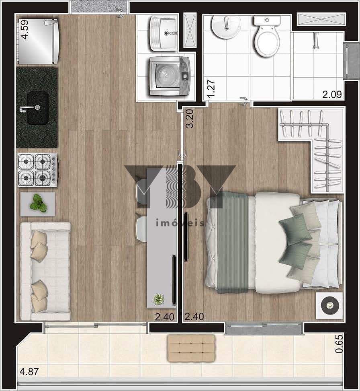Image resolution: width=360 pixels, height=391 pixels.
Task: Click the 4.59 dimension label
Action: (x=25, y=29)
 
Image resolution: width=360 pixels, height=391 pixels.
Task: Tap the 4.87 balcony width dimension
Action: (x=29, y=372)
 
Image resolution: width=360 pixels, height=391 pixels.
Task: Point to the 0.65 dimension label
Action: (x=339, y=344)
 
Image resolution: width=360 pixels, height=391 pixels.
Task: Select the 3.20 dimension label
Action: (x=190, y=119)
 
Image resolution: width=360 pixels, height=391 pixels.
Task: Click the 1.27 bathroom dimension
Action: (x=211, y=89)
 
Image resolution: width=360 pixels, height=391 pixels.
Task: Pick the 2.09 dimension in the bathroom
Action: (x=332, y=95)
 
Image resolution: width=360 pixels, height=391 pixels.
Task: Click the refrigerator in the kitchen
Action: (x=38, y=42)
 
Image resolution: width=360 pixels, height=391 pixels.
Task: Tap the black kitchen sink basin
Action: (x=38, y=108)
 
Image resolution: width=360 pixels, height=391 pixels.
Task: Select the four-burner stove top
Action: (x=38, y=170)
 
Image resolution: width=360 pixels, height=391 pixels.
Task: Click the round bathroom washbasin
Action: (x=226, y=27)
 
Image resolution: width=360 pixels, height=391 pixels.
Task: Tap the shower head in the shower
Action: (x=316, y=40)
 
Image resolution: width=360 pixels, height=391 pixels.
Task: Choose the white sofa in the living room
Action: (x=45, y=271)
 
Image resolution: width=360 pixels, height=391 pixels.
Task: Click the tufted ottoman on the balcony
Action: (x=191, y=348)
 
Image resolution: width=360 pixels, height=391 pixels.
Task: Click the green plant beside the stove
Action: (x=38, y=203)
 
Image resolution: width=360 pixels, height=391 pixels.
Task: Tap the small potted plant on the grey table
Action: (x=159, y=299)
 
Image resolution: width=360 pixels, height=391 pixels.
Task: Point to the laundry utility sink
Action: (x=164, y=33)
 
